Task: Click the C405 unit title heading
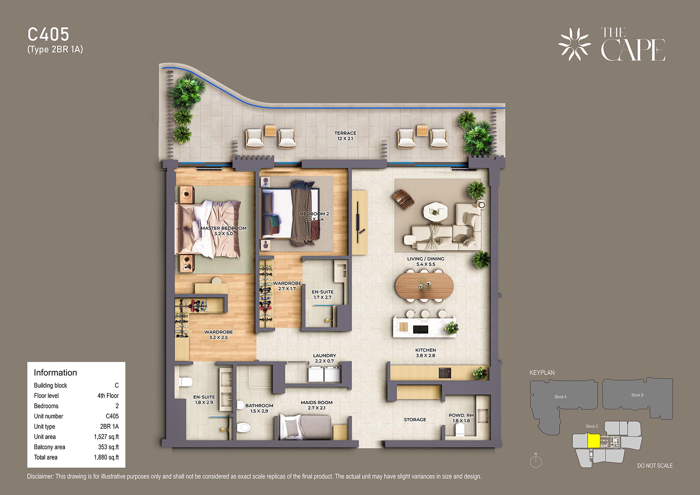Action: tap(48, 35)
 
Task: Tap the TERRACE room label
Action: tap(345, 133)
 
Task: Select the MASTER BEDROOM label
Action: tap(224, 228)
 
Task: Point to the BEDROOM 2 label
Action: tap(314, 214)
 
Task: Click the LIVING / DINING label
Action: tap(425, 259)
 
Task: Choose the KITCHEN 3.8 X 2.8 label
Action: tap(425, 353)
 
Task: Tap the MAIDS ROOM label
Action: tap(317, 402)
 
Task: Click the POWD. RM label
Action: tap(461, 415)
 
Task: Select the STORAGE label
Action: tap(415, 420)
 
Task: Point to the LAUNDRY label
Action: tap(324, 355)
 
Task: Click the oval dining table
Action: tap(424, 287)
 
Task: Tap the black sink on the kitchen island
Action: tap(420, 329)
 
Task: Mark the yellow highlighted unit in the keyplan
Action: tap(593, 441)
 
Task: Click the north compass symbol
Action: tap(536, 461)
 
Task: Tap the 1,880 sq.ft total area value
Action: tap(106, 457)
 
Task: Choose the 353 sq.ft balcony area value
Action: tap(108, 447)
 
